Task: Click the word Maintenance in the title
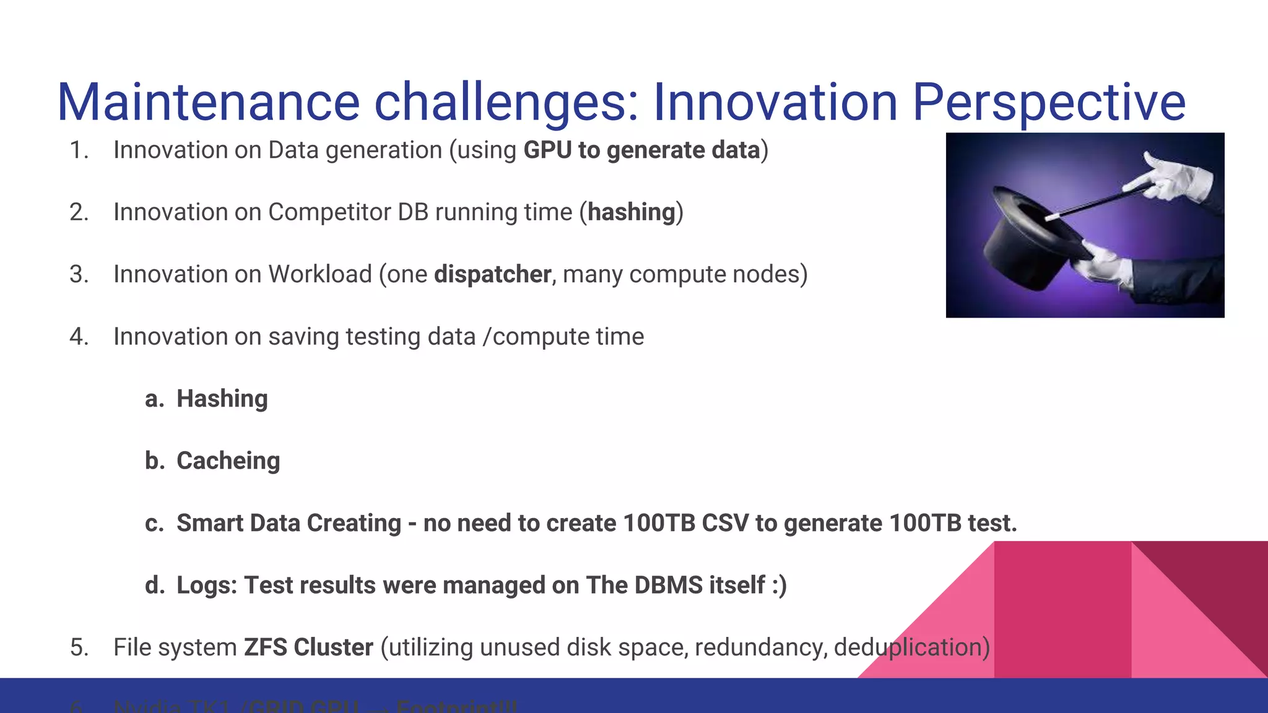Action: (208, 102)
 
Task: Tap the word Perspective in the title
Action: (1049, 102)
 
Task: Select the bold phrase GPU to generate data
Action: (641, 150)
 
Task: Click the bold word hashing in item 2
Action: (631, 212)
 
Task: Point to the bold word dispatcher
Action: (492, 274)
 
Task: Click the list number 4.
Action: (79, 337)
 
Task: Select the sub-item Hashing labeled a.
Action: (222, 399)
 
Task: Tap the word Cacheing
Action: (228, 461)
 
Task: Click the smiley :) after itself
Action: (779, 585)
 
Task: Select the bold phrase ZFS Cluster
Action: (308, 647)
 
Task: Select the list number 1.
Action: (79, 150)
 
